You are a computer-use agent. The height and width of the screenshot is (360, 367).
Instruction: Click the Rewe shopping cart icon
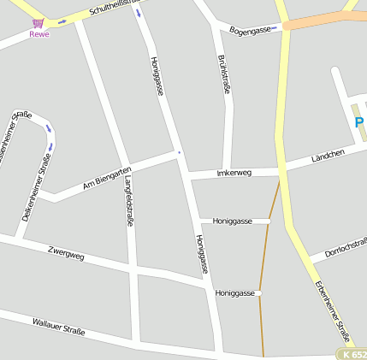coord(38,24)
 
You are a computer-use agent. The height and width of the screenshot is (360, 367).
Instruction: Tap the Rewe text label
coord(39,34)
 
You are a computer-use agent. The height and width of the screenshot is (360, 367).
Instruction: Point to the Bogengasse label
coord(250,30)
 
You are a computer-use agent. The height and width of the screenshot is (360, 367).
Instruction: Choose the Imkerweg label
coord(234,173)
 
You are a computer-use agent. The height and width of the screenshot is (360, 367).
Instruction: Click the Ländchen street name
coord(328,156)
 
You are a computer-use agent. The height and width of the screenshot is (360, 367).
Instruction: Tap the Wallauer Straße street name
coord(58,326)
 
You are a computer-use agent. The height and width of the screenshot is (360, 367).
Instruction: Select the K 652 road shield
coord(352,354)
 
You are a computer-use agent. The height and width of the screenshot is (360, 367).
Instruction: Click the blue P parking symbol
coord(360,122)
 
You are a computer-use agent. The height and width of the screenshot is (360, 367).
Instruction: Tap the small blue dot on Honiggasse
coord(180,152)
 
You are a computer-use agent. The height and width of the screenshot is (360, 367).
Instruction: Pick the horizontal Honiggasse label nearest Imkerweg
coord(232,221)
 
